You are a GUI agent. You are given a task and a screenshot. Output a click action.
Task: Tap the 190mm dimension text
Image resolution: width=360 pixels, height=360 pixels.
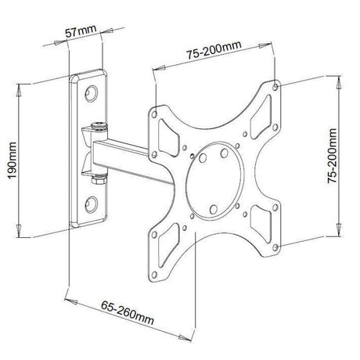12,160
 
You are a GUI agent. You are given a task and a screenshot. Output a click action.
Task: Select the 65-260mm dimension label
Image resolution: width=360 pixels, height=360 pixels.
128,312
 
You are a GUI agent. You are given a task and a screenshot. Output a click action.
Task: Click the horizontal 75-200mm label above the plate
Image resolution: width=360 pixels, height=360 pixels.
214,50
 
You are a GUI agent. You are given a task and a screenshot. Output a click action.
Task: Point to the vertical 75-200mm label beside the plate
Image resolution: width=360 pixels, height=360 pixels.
332,156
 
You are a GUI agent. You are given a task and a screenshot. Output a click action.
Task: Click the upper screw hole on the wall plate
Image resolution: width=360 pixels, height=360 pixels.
91,93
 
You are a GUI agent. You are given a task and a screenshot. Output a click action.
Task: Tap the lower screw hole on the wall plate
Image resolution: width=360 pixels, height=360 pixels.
91,204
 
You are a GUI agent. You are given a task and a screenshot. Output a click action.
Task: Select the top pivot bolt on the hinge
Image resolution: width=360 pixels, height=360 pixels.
99,126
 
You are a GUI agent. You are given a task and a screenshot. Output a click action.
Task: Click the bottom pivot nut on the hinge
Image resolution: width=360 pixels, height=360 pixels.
99,179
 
